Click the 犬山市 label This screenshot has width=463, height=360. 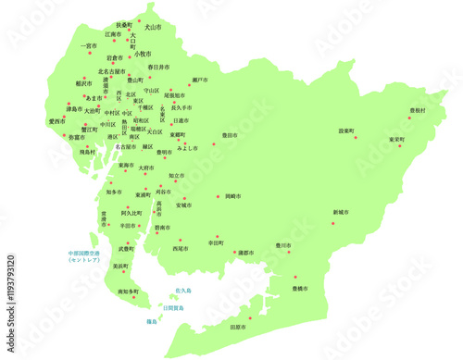click(151, 28)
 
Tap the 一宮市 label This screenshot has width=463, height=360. click(89, 45)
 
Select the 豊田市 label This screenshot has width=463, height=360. click(228, 135)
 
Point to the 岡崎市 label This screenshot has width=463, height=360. click(231, 196)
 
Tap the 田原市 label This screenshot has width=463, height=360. click(238, 327)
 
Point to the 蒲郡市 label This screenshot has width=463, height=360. click(244, 252)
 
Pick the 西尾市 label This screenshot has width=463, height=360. click(180, 248)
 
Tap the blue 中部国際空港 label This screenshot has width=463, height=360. click(85, 256)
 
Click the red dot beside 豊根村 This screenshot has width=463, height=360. click(409, 118)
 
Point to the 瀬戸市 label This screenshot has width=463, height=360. click(200, 81)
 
